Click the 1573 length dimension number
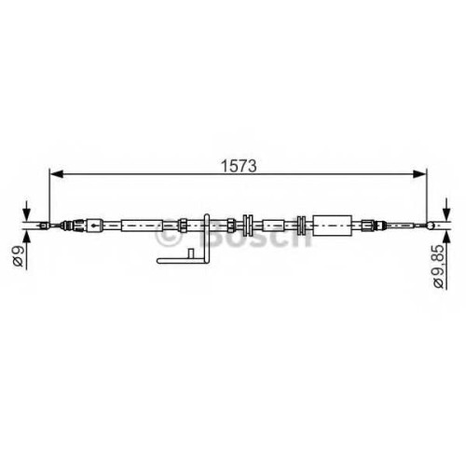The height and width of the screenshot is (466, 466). click(x=239, y=166)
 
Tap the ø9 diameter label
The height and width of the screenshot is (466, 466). click(x=18, y=255)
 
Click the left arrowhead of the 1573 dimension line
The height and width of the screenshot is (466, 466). click(x=57, y=174)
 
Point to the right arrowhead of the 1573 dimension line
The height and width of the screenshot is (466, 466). click(x=419, y=174)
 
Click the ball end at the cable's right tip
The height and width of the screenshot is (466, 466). click(x=431, y=226)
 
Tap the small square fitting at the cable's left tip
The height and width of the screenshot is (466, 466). click(x=44, y=226)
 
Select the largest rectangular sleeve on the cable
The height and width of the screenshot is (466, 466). click(x=332, y=226)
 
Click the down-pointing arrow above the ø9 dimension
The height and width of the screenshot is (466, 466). click(x=27, y=211)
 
